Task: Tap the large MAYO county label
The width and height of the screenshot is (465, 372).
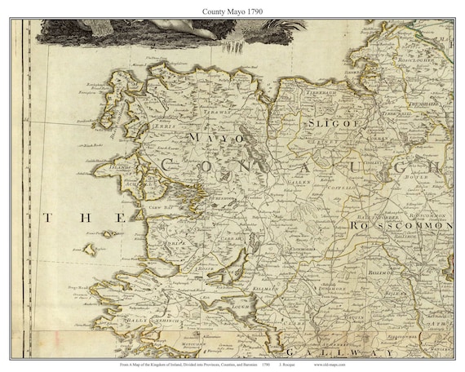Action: (215, 139)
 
